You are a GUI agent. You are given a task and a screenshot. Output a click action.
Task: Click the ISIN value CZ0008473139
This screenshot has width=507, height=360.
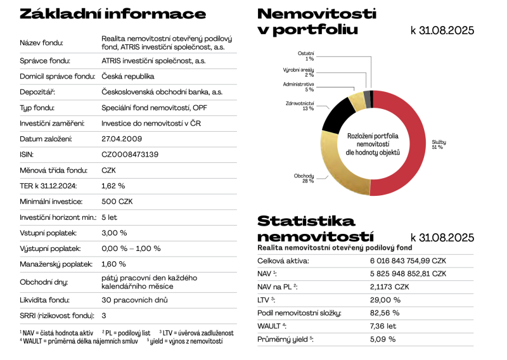pos(130,154)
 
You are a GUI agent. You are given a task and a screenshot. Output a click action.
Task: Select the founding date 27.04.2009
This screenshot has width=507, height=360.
pos(122,139)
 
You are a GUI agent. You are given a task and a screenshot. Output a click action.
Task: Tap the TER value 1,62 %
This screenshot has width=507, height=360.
pos(113,186)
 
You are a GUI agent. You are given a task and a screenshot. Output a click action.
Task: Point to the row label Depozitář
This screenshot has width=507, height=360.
pos(36,92)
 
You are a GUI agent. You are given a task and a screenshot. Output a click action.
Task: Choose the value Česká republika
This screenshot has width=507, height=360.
pos(128,76)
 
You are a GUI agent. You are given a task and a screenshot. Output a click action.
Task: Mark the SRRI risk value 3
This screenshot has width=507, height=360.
pos(104,315)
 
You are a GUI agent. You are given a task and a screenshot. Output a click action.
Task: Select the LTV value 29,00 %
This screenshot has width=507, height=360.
pos(385,299)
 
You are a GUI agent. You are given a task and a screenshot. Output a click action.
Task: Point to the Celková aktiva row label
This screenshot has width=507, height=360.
pos(283,260)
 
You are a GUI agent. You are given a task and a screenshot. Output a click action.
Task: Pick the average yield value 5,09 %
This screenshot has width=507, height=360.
pos(383,339)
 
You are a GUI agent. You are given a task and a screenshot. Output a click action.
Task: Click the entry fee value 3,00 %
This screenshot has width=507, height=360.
pos(114,233)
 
